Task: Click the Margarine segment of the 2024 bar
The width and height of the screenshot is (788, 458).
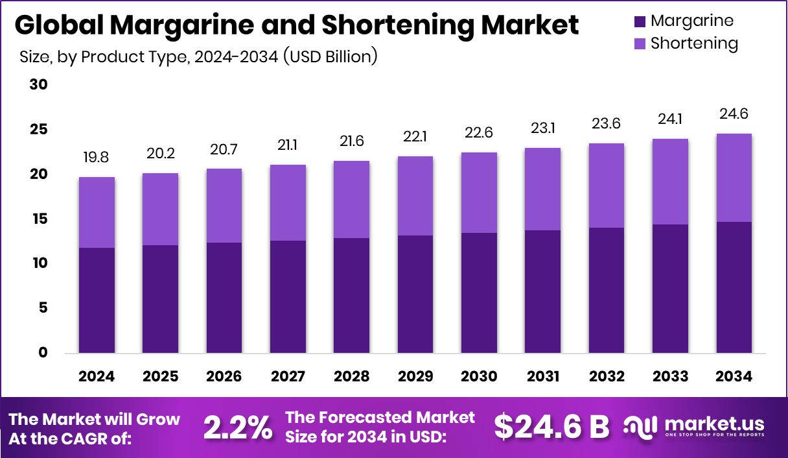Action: [x=97, y=300]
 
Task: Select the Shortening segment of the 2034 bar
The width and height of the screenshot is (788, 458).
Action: [x=734, y=178]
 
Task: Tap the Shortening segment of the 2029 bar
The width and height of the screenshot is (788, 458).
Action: [x=415, y=196]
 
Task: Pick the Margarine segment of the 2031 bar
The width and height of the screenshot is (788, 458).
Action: [x=543, y=291]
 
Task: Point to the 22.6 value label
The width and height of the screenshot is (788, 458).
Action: [x=480, y=132]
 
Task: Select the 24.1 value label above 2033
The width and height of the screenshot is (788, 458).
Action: [x=671, y=119]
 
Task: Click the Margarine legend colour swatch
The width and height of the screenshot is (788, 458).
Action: [x=640, y=21]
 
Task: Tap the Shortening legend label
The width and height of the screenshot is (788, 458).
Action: [x=694, y=43]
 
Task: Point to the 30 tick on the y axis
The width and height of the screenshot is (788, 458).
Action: [x=39, y=85]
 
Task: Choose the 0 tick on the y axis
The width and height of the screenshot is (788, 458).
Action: [x=43, y=353]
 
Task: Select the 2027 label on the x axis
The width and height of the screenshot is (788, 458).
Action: [x=288, y=376]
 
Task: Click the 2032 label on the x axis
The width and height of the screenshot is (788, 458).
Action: [x=607, y=376]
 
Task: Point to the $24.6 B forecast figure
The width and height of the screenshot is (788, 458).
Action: [x=551, y=427]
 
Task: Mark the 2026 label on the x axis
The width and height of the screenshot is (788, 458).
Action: [x=224, y=376]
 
